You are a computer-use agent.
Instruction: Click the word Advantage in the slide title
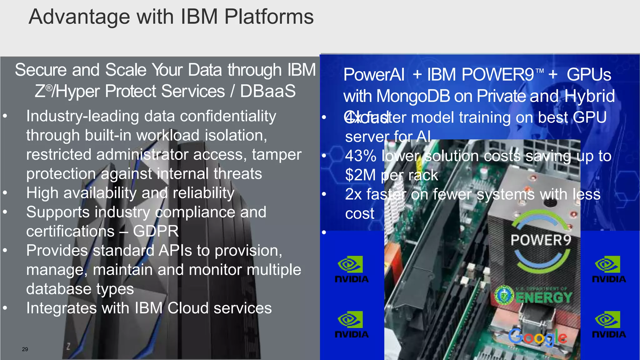pyautogui.click(x=79, y=17)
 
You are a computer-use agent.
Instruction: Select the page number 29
pyautogui.click(x=25, y=349)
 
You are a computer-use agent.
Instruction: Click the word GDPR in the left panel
pyautogui.click(x=156, y=232)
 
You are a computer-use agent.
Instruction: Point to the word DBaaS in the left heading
pyautogui.click(x=267, y=91)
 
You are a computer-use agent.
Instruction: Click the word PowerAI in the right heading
pyautogui.click(x=374, y=75)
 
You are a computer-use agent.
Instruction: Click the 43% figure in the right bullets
pyautogui.click(x=361, y=156)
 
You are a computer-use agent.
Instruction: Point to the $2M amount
pyautogui.click(x=360, y=175)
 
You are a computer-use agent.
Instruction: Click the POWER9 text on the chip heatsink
pyautogui.click(x=541, y=240)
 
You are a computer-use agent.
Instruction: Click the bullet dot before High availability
pyautogui.click(x=5, y=193)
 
